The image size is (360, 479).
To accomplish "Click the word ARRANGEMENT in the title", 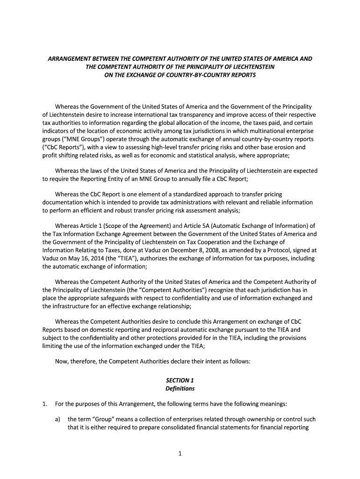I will tap(71, 59).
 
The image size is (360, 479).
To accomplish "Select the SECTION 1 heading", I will tap(180, 380).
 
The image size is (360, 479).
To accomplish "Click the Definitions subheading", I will tap(180, 388).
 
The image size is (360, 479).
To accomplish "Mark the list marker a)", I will tap(58, 419).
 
